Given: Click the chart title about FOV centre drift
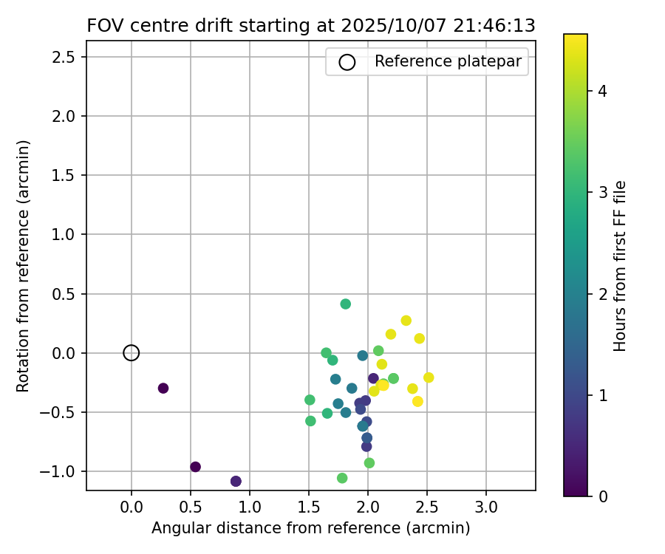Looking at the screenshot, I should click(x=310, y=25).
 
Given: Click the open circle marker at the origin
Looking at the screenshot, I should click(x=132, y=353).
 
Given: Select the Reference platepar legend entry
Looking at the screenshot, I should click(x=426, y=61).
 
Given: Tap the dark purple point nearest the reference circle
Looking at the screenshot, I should click(x=163, y=389).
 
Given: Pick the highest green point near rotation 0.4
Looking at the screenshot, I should click(x=346, y=304).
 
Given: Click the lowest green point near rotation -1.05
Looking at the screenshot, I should click(x=342, y=478).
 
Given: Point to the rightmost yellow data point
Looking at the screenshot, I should click(x=429, y=377).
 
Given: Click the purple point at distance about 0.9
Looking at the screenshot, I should click(x=236, y=482).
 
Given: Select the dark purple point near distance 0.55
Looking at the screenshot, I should click(x=196, y=467).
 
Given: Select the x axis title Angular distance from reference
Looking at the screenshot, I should click(x=310, y=528).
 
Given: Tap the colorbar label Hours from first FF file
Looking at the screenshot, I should click(x=621, y=266).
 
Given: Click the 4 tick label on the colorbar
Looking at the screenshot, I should click(x=603, y=92).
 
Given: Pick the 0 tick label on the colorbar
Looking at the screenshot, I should click(x=603, y=496).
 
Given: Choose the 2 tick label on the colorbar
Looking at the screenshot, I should click(x=603, y=294).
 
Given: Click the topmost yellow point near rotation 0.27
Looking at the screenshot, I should click(x=406, y=321).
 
